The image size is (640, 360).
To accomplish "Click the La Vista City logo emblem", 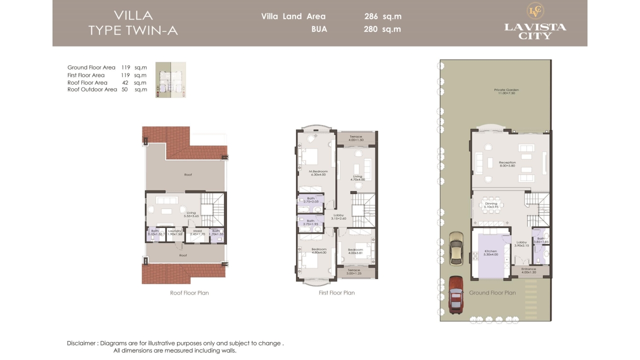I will [x=535, y=11].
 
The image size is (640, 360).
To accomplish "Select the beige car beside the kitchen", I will [x=456, y=248].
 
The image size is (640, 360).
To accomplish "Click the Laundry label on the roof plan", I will [x=174, y=232].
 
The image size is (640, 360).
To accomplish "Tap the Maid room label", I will [x=198, y=232].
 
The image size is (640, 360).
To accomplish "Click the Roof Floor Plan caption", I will [x=189, y=293].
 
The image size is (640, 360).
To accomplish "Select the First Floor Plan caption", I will [x=336, y=293].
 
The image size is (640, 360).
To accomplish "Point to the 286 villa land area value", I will [x=371, y=16].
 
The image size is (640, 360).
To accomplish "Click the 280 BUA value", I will [x=371, y=29].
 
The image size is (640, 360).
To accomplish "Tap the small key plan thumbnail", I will [x=170, y=80].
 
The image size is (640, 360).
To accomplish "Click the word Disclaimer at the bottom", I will [x=81, y=343].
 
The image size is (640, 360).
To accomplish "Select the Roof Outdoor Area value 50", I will [x=124, y=89].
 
